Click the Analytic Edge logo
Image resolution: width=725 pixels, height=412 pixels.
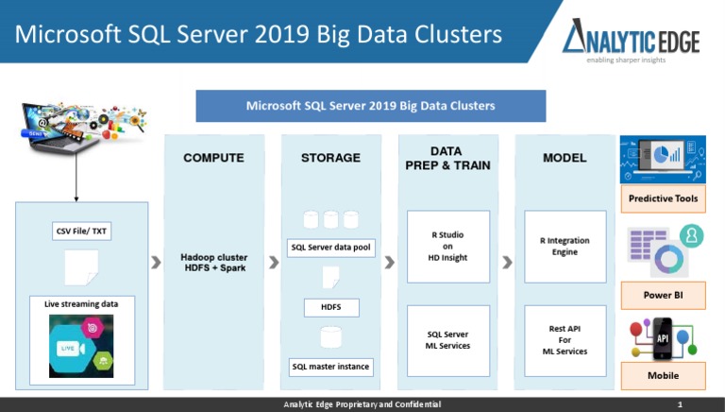coord(632,39)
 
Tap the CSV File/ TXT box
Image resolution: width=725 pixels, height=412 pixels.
coord(82,230)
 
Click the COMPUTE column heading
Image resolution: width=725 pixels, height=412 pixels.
coord(213,158)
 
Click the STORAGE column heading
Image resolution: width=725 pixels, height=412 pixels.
coord(330,158)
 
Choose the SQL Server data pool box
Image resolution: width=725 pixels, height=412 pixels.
coord(330,249)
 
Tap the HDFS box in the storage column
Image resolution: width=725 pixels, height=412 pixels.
coord(330,307)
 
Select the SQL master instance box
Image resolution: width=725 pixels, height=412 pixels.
coord(330,366)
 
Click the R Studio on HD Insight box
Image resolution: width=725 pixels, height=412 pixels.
coord(447,246)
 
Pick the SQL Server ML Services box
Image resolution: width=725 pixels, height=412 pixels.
coord(447,340)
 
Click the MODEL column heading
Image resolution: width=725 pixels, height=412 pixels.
coord(565,158)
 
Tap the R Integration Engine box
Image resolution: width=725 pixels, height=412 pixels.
coord(565,246)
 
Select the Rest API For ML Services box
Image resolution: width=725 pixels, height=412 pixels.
coord(565,340)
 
